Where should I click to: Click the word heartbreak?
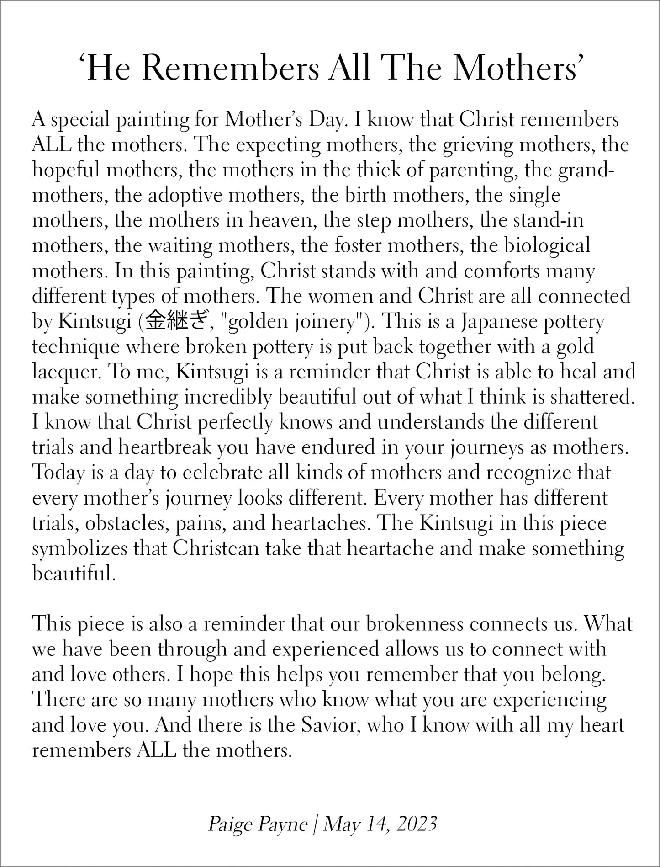click(165, 447)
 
